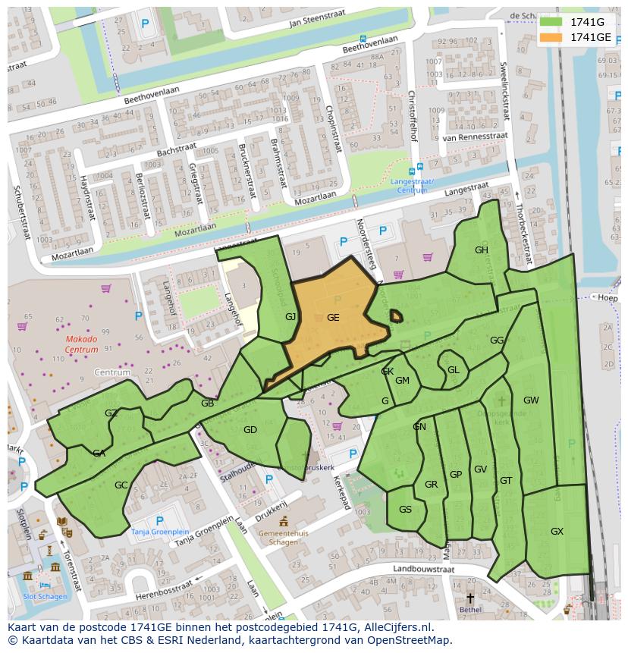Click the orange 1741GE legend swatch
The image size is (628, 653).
(x=551, y=37)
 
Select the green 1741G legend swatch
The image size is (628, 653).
(x=551, y=22)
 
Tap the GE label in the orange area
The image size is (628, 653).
(x=333, y=318)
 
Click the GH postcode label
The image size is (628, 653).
(x=482, y=250)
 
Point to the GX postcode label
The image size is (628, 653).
(x=557, y=532)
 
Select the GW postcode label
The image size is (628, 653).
(x=531, y=400)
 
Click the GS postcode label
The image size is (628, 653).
(x=405, y=510)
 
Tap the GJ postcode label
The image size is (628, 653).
(x=290, y=317)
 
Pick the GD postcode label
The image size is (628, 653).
(x=250, y=430)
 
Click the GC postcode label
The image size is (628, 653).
(x=121, y=485)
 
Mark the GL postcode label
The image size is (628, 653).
(x=454, y=370)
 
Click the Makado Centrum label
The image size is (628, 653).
(x=81, y=344)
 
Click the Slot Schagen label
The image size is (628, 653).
(x=45, y=596)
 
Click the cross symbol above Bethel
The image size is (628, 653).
(x=470, y=598)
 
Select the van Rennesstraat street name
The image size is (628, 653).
(x=469, y=138)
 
